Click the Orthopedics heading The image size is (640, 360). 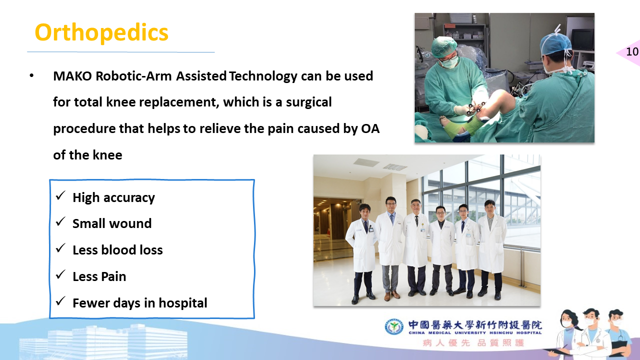coord(101,33)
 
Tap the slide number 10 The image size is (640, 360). coord(632,51)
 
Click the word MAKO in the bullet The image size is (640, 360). coord(72,76)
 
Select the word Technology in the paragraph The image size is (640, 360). coord(263,76)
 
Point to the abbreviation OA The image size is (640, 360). coord(370,128)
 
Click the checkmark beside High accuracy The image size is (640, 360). coord(60,195)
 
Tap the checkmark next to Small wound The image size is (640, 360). coord(60,221)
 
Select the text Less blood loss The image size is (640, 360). coord(117,250)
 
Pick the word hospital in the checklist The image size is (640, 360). coord(183,303)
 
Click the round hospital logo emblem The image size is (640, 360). coord(394,327)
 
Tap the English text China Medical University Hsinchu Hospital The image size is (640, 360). coord(475,333)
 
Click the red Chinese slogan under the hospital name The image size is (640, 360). coord(473,342)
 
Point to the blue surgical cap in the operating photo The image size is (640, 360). coord(555,43)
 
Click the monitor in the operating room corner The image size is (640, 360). coord(582,39)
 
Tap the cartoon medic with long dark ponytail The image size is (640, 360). coord(570,334)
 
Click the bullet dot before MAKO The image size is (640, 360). coord(31,76)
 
